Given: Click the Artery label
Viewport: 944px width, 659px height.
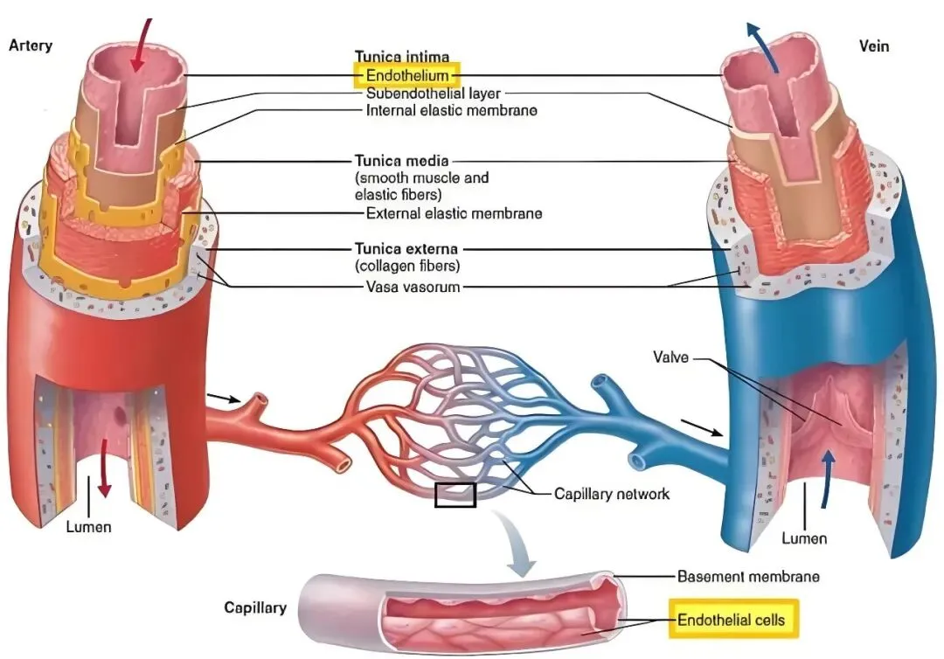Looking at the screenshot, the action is point(30,45).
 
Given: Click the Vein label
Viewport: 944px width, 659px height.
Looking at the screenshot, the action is point(873,46).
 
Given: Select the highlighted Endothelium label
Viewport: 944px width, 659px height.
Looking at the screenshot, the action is point(407,76).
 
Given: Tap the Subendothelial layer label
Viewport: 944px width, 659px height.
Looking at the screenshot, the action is point(434,94).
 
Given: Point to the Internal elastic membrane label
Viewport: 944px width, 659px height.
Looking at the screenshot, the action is point(452,110).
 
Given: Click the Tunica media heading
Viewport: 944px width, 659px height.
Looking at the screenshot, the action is point(401,161).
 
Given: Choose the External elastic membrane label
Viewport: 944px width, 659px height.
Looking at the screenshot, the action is point(454,213).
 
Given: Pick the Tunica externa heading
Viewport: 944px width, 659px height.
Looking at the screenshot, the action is point(406,248).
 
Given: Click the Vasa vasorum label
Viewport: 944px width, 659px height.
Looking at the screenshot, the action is point(413,287).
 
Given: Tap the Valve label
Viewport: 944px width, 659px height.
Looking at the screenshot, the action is point(670,357).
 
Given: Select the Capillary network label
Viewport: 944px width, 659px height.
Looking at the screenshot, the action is point(612,494).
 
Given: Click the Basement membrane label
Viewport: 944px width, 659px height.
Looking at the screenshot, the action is point(748,577).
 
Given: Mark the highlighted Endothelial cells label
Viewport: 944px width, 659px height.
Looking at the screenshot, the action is point(731,620).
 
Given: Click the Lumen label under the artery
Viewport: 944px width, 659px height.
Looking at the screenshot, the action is point(88,527).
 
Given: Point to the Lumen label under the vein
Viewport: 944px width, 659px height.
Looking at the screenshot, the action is point(804,538).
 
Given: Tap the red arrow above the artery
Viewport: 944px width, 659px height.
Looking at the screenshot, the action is point(140,45).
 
